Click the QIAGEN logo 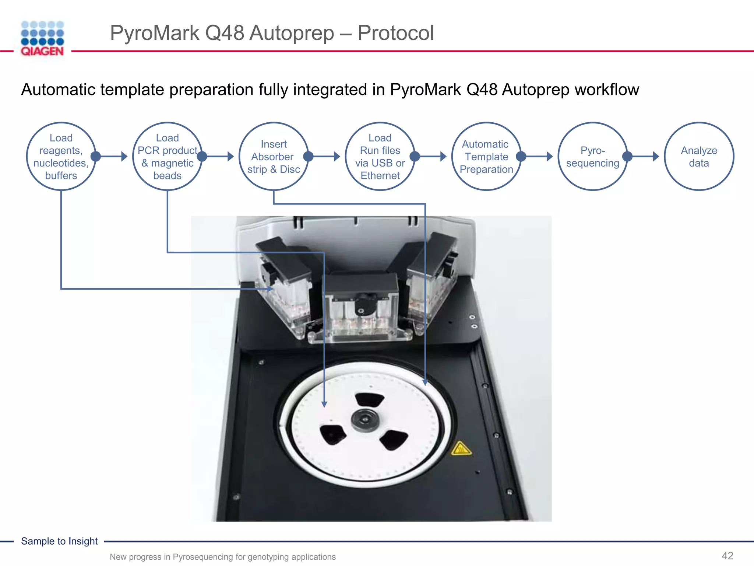(42, 38)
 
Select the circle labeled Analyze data (698, 157)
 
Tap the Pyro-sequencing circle (592, 157)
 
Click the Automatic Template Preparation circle (486, 157)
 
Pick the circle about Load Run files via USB (380, 157)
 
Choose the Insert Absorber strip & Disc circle (274, 157)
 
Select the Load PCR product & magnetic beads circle (168, 157)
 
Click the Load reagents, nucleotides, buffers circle (61, 157)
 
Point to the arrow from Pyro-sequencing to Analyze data (644, 157)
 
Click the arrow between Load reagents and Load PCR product (112, 157)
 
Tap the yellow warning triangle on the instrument (461, 449)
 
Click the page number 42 (727, 556)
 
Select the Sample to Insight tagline (59, 541)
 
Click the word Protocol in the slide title (396, 33)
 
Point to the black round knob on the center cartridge (366, 303)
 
